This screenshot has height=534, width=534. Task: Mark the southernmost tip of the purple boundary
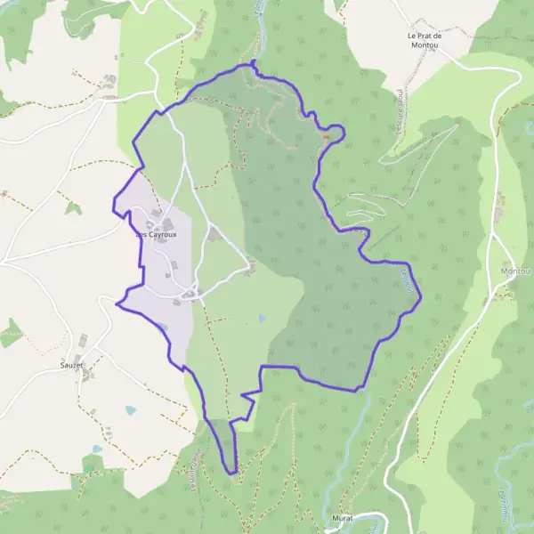coord(235,473)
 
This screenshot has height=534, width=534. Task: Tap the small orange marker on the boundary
coord(327,137)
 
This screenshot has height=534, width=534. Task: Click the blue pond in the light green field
coord(261,317)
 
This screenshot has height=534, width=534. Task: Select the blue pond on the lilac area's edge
coord(162,327)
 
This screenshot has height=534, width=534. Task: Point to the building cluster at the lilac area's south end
coord(190,294)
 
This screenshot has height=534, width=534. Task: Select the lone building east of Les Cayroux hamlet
coord(214,234)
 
